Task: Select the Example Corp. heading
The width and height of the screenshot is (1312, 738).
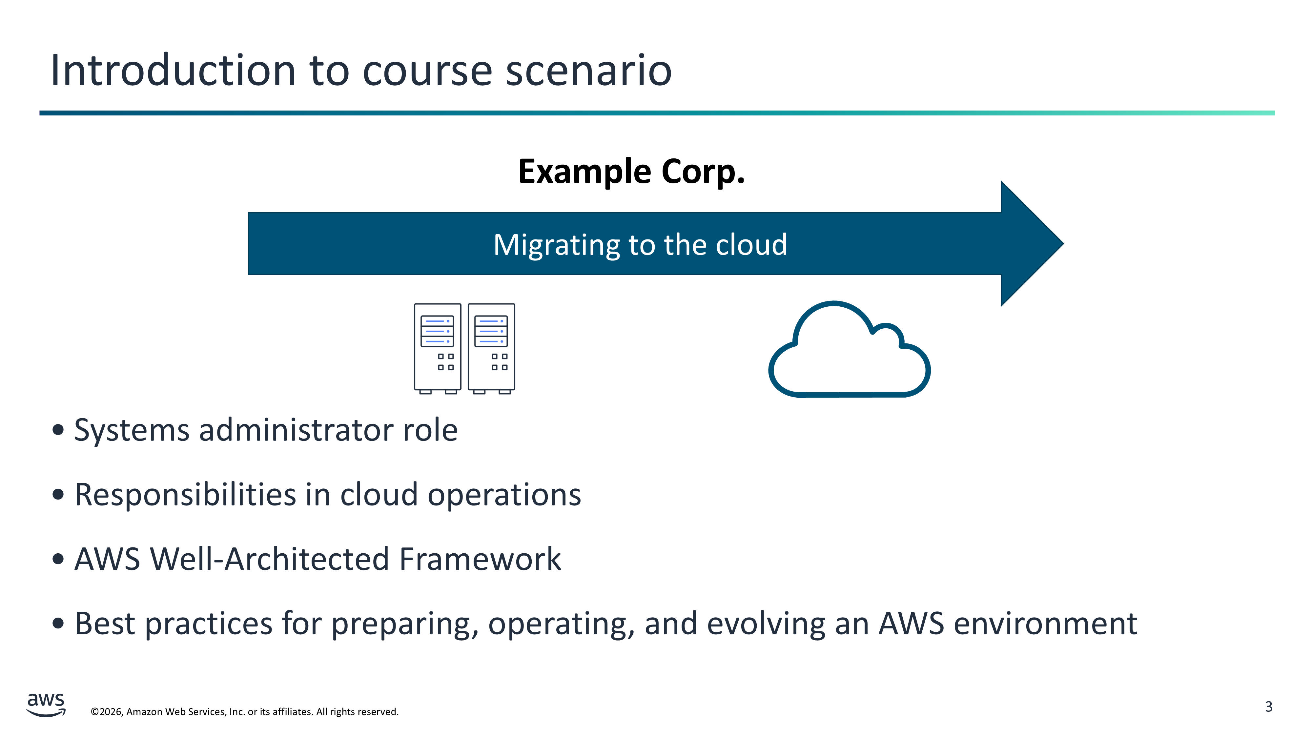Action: pyautogui.click(x=631, y=171)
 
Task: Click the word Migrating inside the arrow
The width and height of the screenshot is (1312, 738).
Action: pyautogui.click(x=556, y=245)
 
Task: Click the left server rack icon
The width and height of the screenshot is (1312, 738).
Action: pyautogui.click(x=437, y=348)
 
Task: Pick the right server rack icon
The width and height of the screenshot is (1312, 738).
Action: pyautogui.click(x=491, y=348)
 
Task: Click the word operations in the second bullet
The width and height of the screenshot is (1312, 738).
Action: pyautogui.click(x=504, y=495)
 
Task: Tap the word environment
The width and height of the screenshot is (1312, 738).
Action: pyautogui.click(x=1045, y=624)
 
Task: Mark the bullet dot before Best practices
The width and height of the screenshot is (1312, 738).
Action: pyautogui.click(x=58, y=623)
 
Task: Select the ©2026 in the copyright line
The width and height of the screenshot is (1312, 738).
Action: pyautogui.click(x=107, y=711)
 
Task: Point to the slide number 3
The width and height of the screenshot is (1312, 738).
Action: pyautogui.click(x=1268, y=707)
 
